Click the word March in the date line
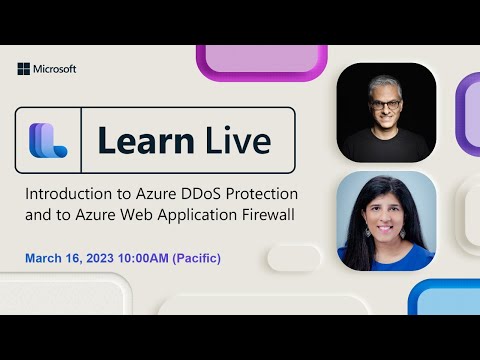coord(45,259)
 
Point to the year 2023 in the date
coord(105,259)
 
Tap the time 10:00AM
coord(147,259)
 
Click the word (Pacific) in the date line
coord(197,259)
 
